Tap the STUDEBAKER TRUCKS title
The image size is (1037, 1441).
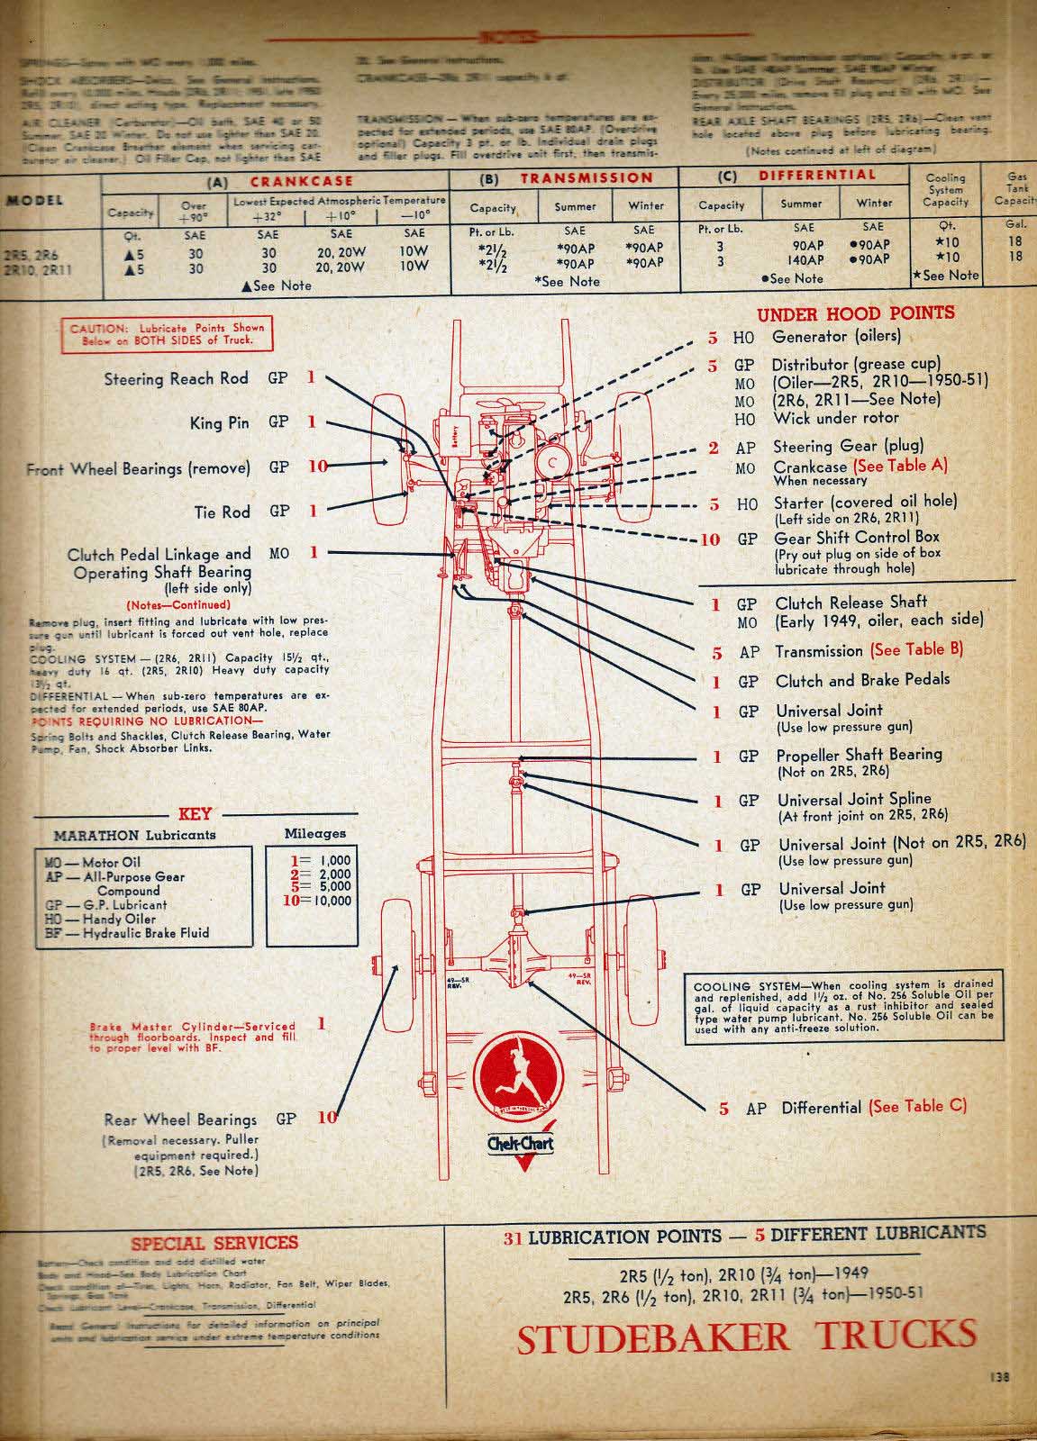point(746,1337)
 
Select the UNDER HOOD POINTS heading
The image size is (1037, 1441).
point(855,313)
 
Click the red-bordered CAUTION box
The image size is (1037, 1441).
point(168,334)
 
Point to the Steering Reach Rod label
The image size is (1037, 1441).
point(176,379)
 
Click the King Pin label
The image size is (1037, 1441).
point(219,422)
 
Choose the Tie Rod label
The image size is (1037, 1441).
point(223,512)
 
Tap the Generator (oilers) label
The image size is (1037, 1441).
point(836,337)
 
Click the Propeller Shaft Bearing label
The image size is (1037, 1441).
point(859,755)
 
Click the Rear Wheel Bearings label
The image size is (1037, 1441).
point(180,1119)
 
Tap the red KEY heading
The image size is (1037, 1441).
point(195,812)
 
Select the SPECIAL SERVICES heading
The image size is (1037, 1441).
point(214,1243)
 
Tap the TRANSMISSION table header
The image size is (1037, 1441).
point(586,178)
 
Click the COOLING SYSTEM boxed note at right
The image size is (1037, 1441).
point(842,1006)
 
